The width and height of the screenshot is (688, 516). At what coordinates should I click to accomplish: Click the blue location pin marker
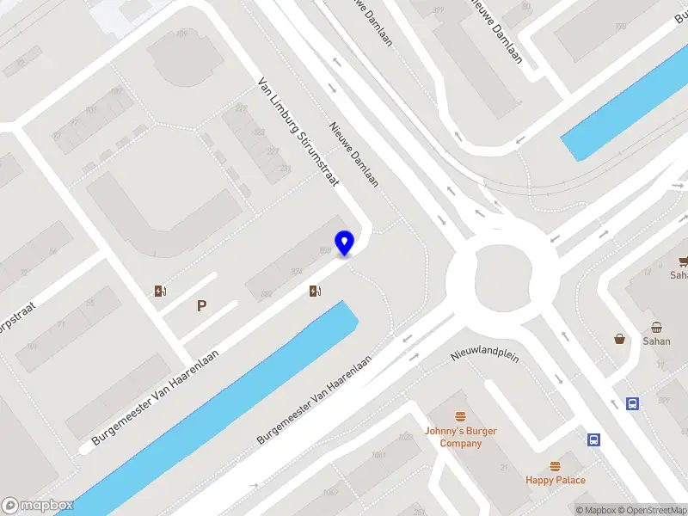(x=345, y=243)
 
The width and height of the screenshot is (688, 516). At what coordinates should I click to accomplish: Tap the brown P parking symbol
(x=202, y=305)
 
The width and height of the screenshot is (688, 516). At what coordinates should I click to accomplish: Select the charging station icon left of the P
(x=160, y=291)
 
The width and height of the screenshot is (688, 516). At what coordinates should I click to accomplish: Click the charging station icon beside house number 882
(x=316, y=292)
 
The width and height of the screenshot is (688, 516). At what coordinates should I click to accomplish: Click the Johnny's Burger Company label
(x=461, y=437)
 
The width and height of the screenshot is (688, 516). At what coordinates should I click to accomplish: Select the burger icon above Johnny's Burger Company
(x=461, y=416)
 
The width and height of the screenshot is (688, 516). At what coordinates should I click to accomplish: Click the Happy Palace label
(x=556, y=480)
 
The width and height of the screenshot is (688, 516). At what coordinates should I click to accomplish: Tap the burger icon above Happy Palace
(x=556, y=465)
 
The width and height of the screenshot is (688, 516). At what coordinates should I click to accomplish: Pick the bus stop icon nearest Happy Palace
(x=593, y=439)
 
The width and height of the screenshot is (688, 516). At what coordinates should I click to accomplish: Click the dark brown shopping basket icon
(x=619, y=339)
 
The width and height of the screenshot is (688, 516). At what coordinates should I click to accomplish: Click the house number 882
(x=267, y=294)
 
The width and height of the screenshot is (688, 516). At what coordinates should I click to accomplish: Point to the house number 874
(x=296, y=272)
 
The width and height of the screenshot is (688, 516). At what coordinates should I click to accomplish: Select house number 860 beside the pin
(x=325, y=250)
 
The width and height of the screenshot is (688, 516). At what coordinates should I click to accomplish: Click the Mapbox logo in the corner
(x=38, y=506)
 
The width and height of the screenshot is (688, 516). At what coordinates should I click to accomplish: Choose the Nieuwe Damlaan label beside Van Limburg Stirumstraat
(x=353, y=153)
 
